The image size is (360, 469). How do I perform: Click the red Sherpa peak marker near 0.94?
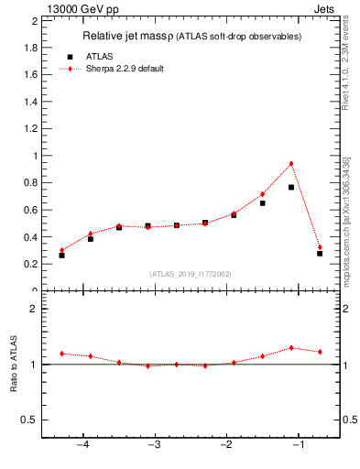(291, 164)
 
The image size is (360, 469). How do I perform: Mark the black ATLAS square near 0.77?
(291, 187)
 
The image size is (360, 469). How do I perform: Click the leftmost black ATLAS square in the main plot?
(61, 255)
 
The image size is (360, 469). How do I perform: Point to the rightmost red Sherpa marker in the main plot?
(320, 247)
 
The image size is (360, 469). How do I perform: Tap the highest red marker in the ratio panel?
(291, 348)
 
